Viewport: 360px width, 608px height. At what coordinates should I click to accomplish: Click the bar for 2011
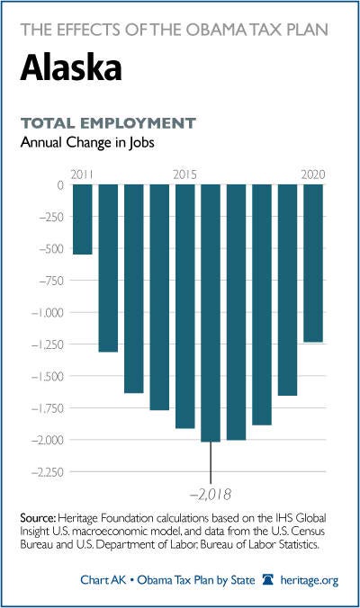(x=83, y=219)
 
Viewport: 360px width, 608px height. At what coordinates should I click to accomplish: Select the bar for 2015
(x=185, y=307)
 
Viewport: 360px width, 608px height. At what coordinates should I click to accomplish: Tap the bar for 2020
(x=313, y=264)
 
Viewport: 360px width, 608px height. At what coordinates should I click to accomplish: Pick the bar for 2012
(x=108, y=268)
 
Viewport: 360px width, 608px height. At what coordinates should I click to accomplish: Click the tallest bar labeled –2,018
(x=211, y=313)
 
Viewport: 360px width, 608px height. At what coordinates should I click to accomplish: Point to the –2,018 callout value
(x=211, y=495)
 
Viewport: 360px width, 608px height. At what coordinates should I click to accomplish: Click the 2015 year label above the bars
(x=185, y=174)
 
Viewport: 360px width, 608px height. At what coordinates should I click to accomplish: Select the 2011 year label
(x=82, y=174)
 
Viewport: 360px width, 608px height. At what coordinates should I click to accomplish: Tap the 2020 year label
(x=313, y=174)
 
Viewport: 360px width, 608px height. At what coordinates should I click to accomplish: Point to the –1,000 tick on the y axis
(x=47, y=312)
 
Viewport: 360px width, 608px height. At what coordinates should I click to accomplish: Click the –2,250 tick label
(x=47, y=472)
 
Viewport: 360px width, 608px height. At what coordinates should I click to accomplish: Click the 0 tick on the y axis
(x=60, y=185)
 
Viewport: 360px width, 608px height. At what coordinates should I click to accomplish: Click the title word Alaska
(x=71, y=67)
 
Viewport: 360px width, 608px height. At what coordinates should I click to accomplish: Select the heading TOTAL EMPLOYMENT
(x=108, y=123)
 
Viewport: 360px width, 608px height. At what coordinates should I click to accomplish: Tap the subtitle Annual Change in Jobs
(x=87, y=142)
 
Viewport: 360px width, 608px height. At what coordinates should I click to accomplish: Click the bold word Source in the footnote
(x=38, y=518)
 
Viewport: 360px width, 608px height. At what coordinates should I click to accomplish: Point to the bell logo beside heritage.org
(x=268, y=580)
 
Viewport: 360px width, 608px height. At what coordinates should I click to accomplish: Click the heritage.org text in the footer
(x=310, y=580)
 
